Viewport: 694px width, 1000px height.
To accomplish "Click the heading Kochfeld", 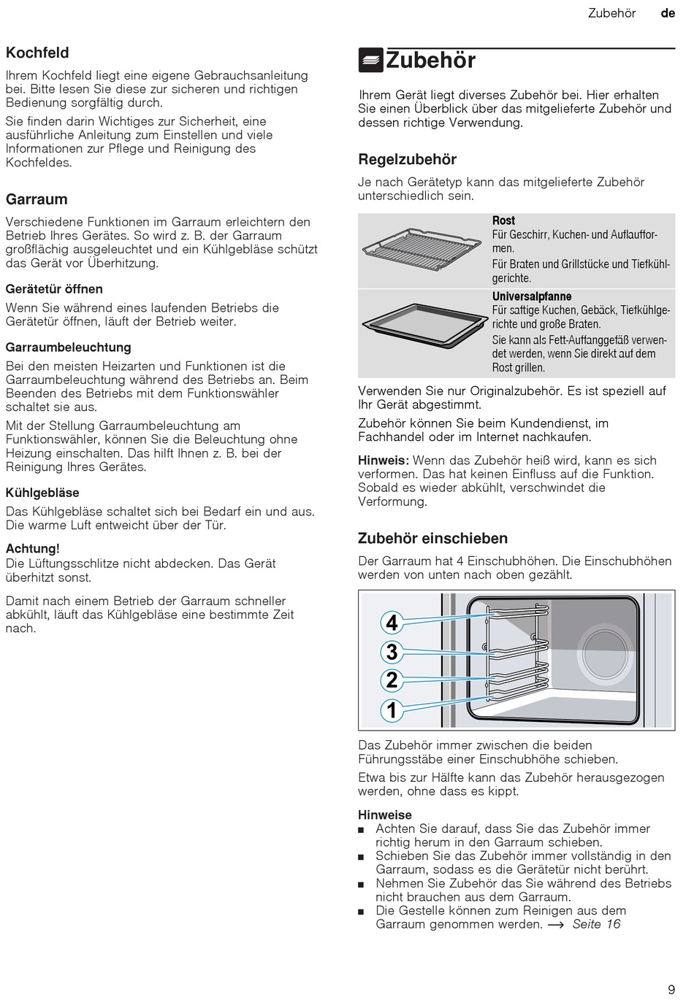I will (37, 53).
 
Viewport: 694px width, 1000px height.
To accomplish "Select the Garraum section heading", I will (37, 199).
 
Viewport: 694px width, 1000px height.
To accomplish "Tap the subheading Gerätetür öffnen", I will (54, 289).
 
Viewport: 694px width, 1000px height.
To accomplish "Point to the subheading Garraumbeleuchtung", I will (68, 347).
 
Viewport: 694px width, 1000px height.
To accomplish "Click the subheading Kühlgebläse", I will (42, 493).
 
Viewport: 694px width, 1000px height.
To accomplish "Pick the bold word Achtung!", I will (33, 548).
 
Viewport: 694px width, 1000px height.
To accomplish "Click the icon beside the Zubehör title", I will (371, 60).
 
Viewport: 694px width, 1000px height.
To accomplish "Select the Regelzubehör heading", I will (407, 159).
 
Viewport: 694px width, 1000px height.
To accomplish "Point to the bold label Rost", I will (503, 220).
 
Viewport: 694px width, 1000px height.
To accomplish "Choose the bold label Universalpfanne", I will (532, 296).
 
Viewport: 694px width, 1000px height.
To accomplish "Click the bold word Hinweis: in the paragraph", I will (383, 461).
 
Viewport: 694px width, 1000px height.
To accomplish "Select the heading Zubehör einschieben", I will (432, 539).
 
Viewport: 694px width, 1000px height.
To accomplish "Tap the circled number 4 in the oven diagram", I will (392, 623).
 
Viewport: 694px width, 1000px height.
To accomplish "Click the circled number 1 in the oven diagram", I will (392, 709).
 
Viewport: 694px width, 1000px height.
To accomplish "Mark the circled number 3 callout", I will (392, 652).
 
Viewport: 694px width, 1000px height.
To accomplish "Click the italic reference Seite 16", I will (596, 924).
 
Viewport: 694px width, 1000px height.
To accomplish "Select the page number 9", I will (671, 990).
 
